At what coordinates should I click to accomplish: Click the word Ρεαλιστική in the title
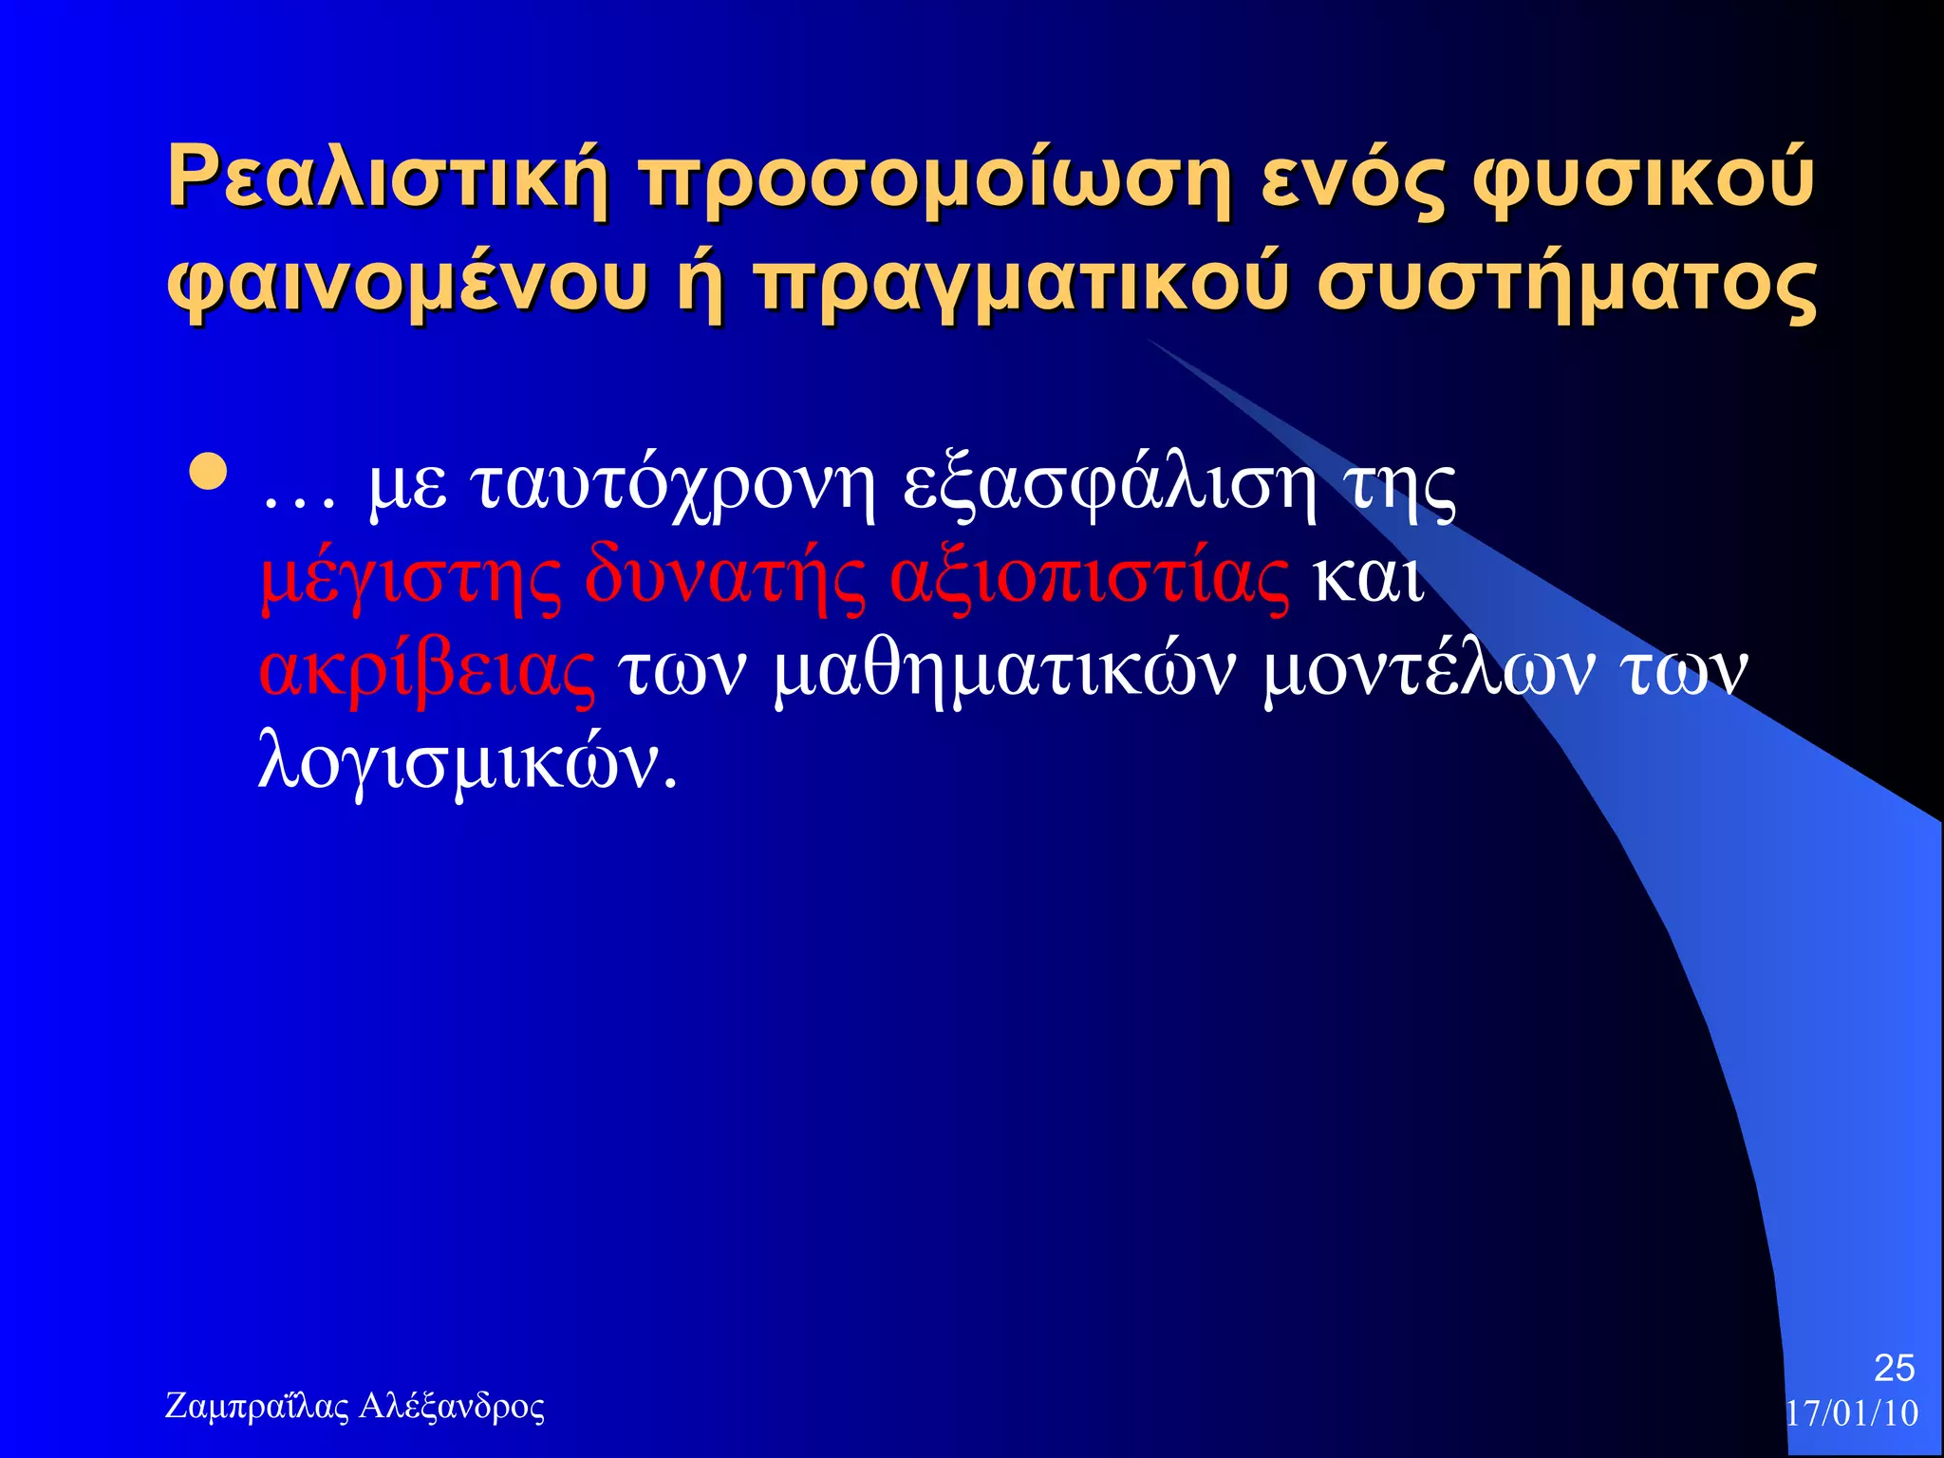tap(387, 178)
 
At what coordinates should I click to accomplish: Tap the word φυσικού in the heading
tap(1643, 178)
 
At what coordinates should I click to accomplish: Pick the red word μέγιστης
tap(410, 579)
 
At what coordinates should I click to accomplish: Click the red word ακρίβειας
tap(427, 672)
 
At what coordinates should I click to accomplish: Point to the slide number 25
tap(1894, 1368)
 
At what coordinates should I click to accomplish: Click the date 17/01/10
tap(1852, 1413)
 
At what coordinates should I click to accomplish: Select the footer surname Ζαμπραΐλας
tap(257, 1406)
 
